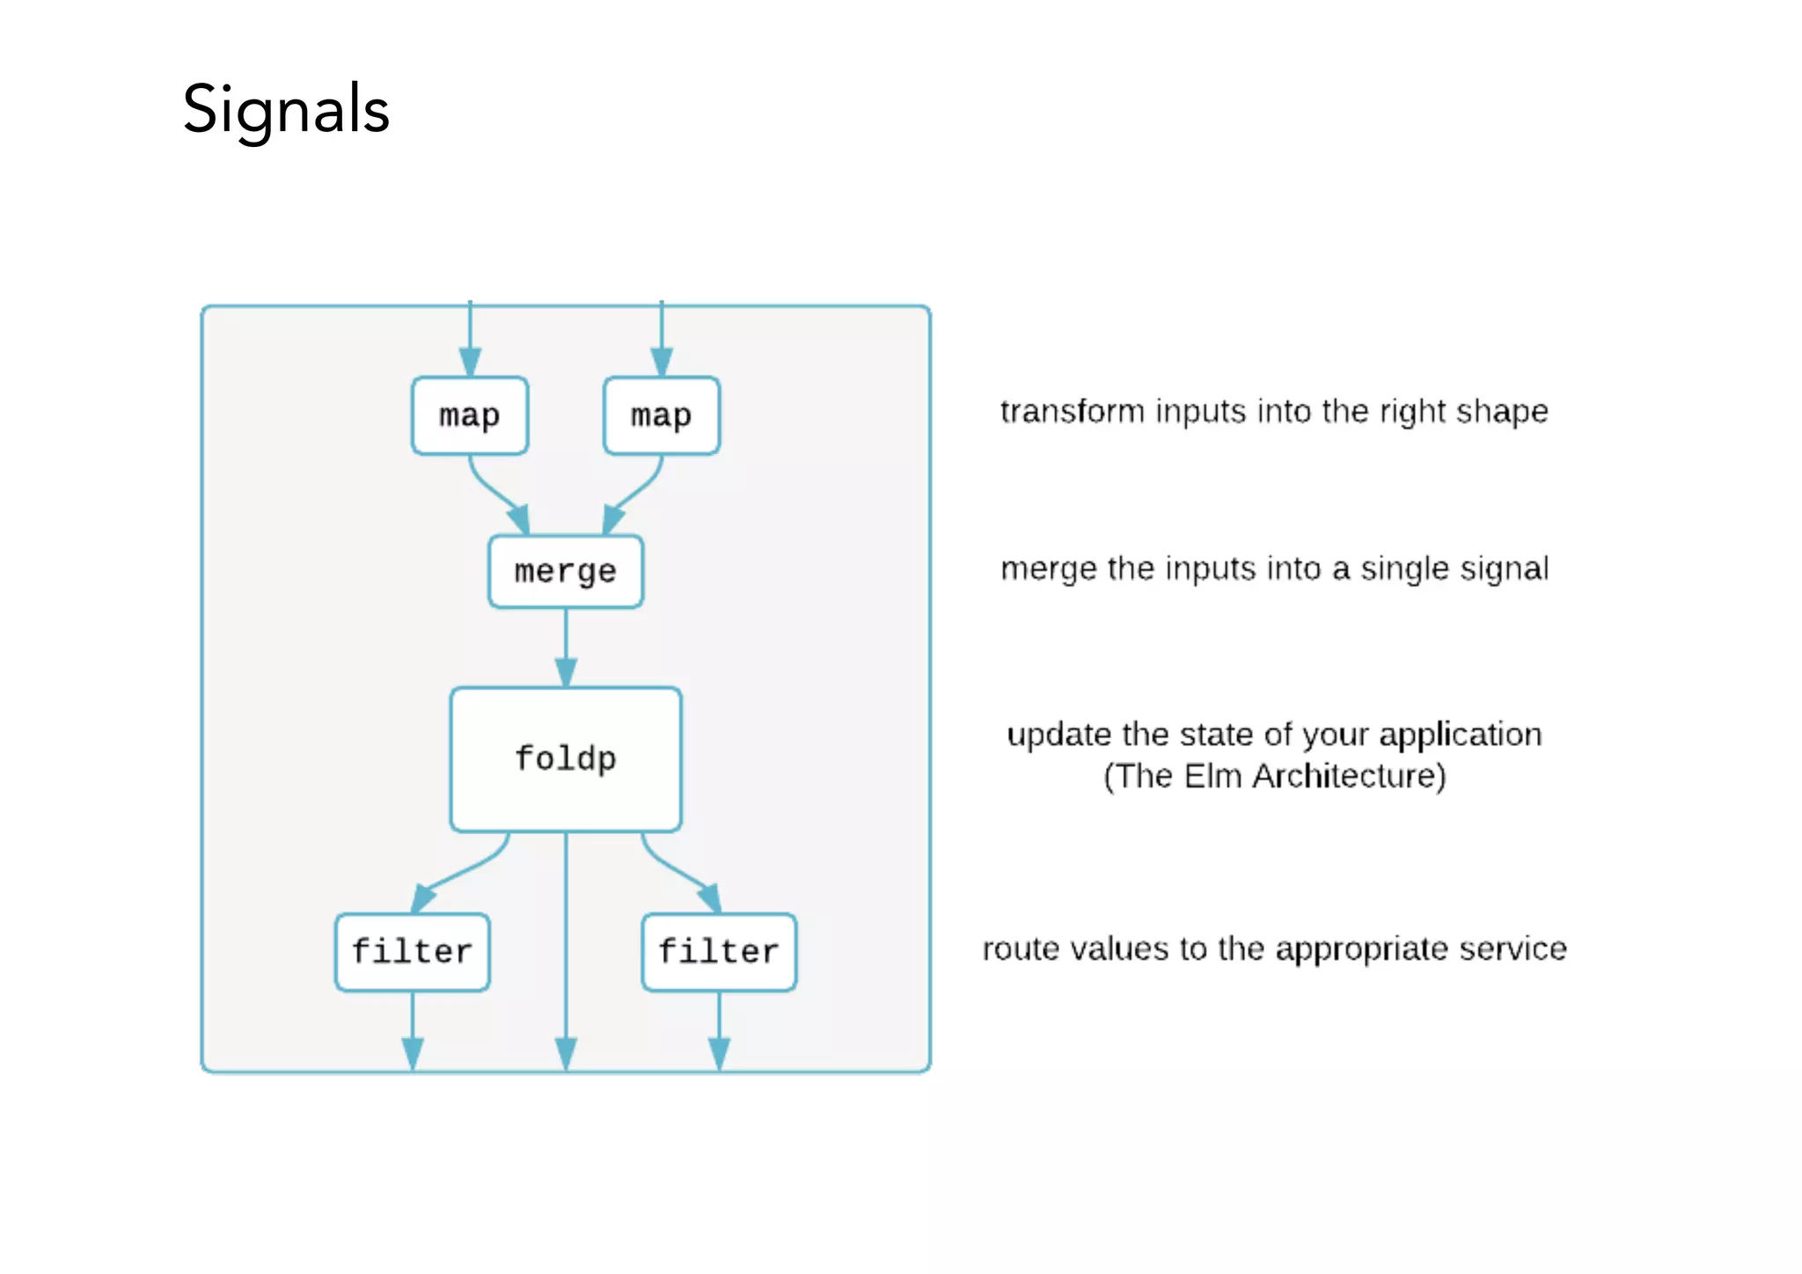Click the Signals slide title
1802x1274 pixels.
click(286, 110)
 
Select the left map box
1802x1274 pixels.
click(470, 415)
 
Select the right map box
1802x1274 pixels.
click(662, 415)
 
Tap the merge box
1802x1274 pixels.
click(566, 572)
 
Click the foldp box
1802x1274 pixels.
click(566, 758)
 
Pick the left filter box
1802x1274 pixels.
click(412, 952)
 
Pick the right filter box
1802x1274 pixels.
click(719, 952)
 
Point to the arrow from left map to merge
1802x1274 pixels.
click(493, 493)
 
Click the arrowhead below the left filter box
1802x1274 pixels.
click(413, 1052)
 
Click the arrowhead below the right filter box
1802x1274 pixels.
click(719, 1052)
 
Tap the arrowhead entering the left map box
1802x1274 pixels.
click(470, 362)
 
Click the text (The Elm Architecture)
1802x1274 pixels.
click(1274, 776)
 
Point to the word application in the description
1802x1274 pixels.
click(1460, 735)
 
